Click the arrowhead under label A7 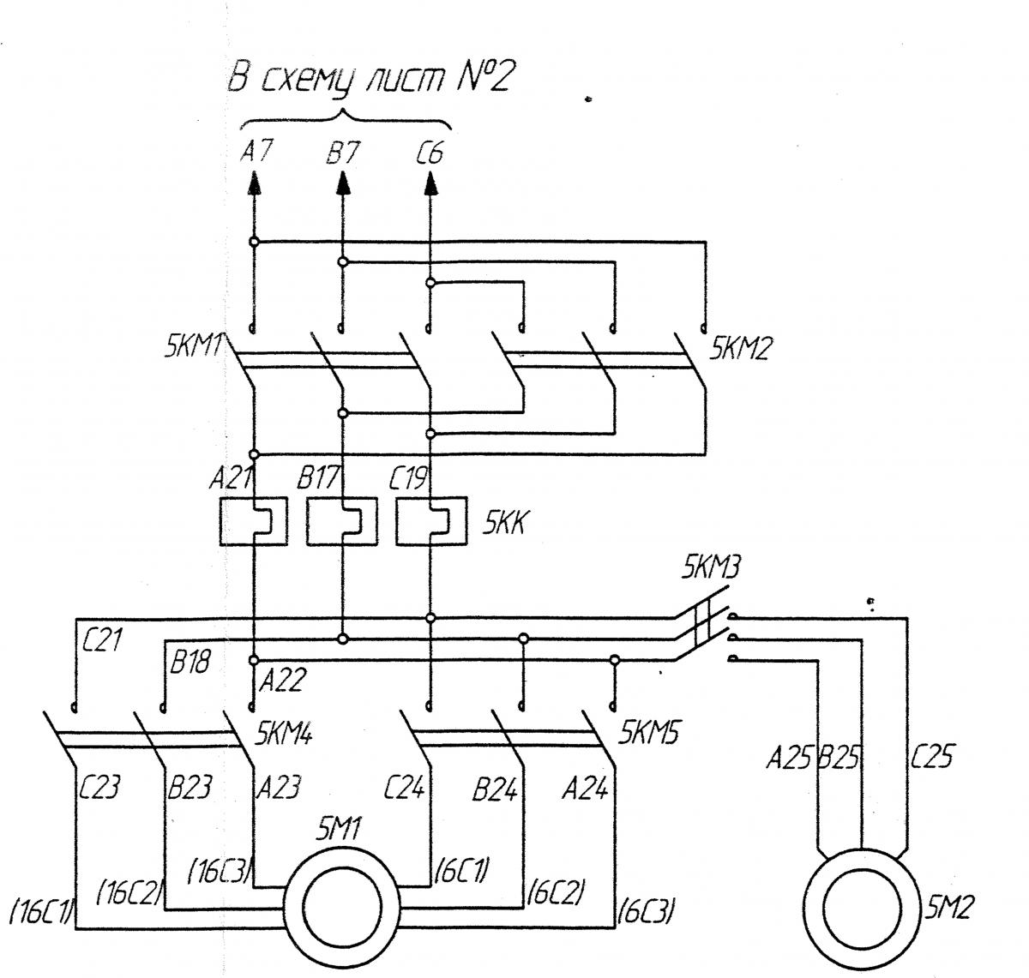[254, 183]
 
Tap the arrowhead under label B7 [342, 183]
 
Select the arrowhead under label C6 [430, 183]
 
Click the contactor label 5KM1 [194, 346]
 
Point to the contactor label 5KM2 [741, 348]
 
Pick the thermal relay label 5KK [505, 522]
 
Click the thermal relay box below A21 [254, 522]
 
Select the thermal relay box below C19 [431, 522]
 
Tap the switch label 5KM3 [712, 567]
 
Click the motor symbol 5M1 [342, 903]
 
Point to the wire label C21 [102, 639]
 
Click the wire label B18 [190, 662]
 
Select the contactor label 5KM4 [284, 733]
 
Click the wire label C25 [932, 756]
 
